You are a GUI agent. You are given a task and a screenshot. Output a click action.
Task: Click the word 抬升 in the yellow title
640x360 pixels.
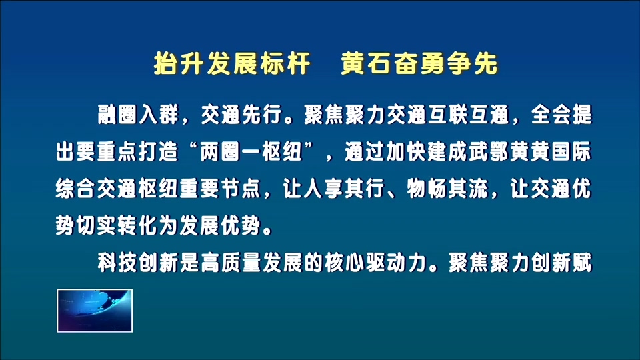[x=179, y=64]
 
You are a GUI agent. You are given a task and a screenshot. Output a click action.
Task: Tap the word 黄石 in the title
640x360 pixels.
[x=366, y=64]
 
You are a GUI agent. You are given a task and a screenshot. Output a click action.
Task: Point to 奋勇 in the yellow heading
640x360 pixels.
[x=419, y=64]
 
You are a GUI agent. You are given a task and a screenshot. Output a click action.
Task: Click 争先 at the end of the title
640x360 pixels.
[x=473, y=64]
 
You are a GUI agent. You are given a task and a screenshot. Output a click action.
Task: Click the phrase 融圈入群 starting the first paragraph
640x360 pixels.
[x=139, y=114]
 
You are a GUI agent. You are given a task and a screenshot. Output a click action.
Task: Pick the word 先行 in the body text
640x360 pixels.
[x=263, y=114]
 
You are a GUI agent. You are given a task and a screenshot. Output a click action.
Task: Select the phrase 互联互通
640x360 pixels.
[x=469, y=114]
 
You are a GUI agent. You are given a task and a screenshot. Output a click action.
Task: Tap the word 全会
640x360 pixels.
[x=551, y=114]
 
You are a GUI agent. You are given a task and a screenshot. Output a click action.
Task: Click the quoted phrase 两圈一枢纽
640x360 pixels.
[x=251, y=152]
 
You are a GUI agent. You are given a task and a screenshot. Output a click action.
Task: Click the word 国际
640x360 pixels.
[x=571, y=152]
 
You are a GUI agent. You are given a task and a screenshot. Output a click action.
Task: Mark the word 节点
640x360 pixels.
[x=241, y=189]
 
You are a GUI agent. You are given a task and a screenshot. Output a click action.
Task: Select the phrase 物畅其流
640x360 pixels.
[x=448, y=189]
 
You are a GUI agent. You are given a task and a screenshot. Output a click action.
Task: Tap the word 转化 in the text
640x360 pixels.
[x=138, y=225]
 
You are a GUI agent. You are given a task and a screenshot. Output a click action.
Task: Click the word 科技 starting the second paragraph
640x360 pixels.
[x=118, y=263]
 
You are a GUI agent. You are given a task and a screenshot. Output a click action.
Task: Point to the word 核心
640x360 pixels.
[x=345, y=263]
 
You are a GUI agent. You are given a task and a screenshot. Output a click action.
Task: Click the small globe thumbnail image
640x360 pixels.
[x=95, y=311]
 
